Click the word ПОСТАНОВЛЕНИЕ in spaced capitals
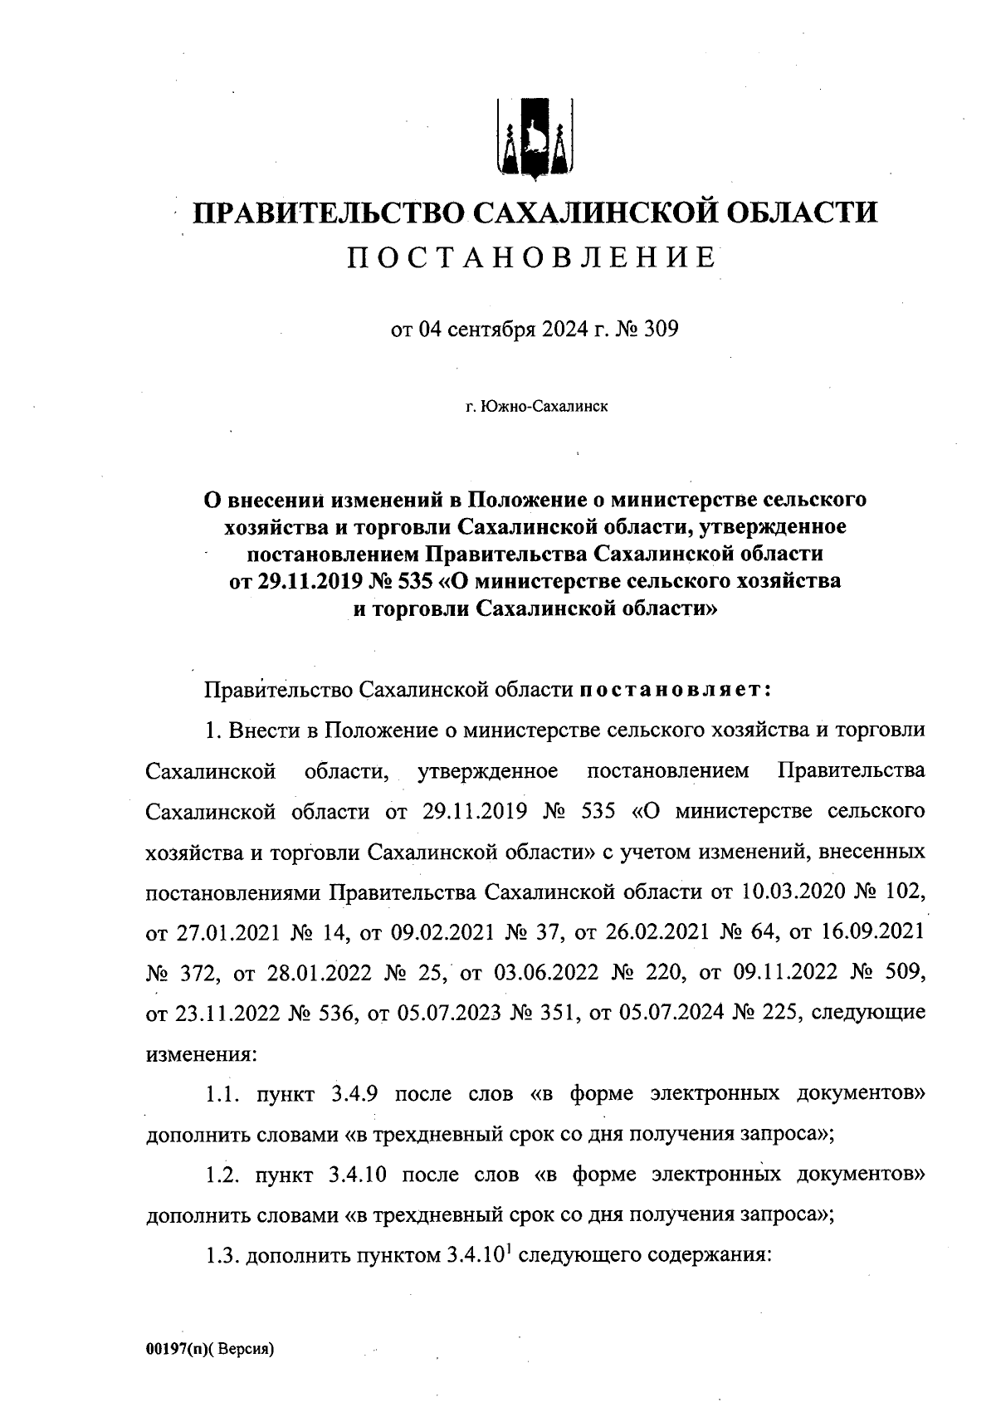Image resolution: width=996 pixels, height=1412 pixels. point(532,258)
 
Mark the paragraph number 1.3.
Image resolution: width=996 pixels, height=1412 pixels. point(223,1256)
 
